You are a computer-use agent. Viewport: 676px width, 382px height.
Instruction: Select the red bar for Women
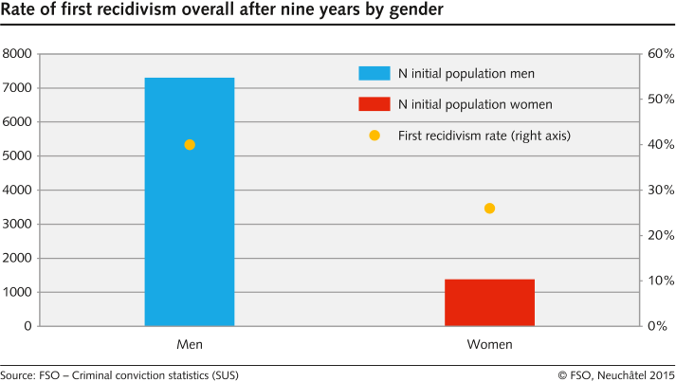tap(489, 302)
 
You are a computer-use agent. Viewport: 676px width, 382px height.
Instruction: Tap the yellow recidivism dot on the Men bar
tap(190, 145)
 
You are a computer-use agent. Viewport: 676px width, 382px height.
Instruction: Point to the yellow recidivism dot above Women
tap(489, 209)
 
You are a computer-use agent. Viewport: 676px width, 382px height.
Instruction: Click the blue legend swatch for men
tap(374, 73)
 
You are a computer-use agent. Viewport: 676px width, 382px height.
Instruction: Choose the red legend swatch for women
tap(374, 104)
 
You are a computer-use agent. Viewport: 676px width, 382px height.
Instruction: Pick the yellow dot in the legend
tap(375, 136)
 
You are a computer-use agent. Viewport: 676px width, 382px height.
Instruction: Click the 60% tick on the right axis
tap(660, 54)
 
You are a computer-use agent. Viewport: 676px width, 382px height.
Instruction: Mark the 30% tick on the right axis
tap(660, 191)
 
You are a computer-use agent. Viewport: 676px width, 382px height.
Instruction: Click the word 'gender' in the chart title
tap(394, 11)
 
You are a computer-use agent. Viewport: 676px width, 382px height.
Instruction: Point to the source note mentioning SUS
tap(119, 374)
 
